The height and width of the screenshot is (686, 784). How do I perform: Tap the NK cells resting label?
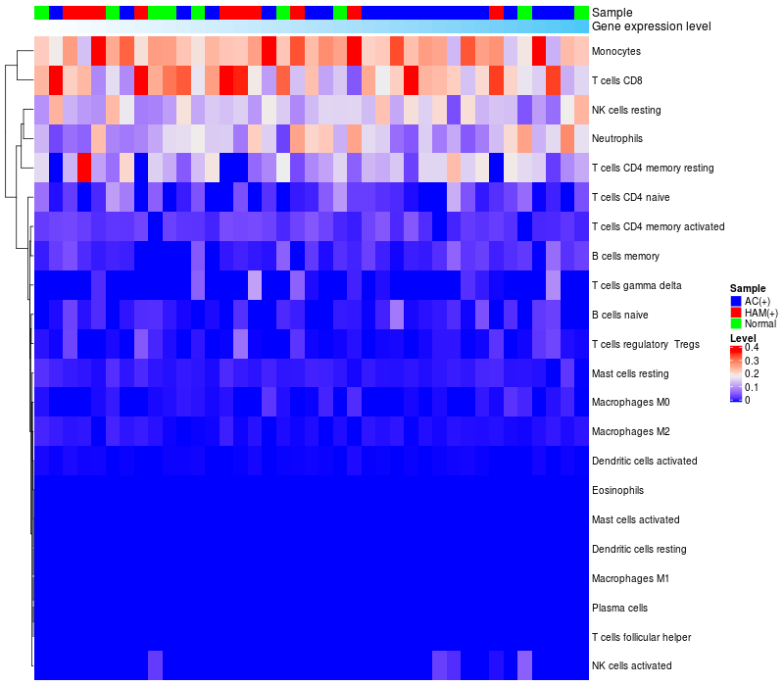pos(632,110)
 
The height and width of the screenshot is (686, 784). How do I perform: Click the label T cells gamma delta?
pos(637,285)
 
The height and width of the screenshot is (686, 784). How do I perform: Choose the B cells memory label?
pos(625,256)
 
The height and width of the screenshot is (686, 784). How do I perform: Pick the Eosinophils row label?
pos(618,490)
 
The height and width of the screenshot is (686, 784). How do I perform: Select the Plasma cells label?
pos(619,608)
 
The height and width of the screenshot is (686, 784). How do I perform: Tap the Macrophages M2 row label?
pos(632,431)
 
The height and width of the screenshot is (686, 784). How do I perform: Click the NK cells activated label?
pos(632,666)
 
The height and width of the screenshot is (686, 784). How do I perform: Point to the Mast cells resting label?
pos(630,373)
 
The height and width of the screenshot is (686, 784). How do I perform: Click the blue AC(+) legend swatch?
pos(736,300)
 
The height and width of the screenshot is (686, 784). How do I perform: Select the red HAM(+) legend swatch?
pos(736,312)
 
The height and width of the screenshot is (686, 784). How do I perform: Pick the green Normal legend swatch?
pos(736,323)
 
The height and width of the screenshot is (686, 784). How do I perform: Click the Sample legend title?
pos(748,288)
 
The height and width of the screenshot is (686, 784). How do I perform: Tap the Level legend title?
pos(744,337)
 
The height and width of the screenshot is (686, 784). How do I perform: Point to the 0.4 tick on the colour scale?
pos(752,348)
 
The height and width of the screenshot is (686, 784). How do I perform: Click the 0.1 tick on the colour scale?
pos(752,387)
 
